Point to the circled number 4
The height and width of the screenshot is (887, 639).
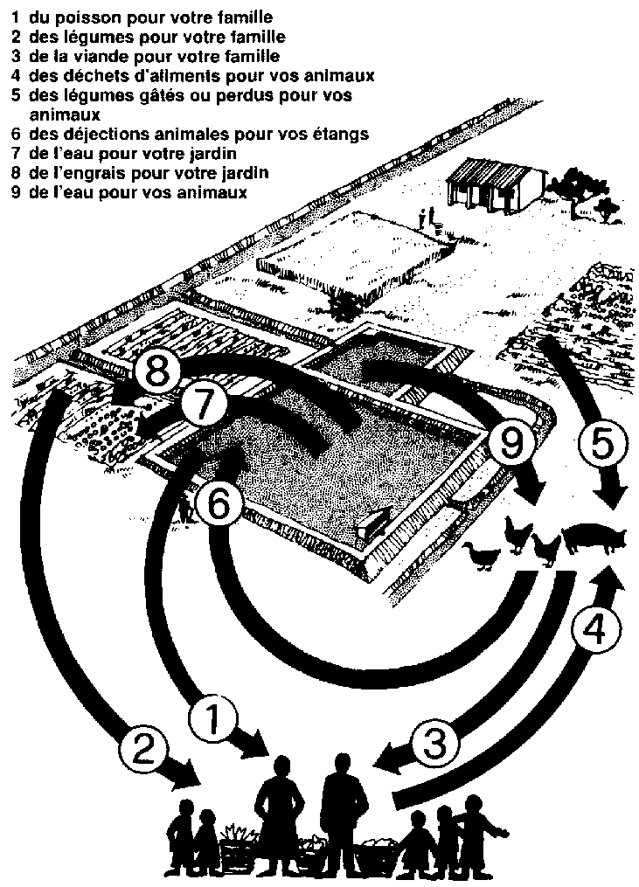[x=594, y=634]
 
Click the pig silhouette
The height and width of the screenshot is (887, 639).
[x=594, y=538]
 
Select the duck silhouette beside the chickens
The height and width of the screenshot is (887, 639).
[x=483, y=556]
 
